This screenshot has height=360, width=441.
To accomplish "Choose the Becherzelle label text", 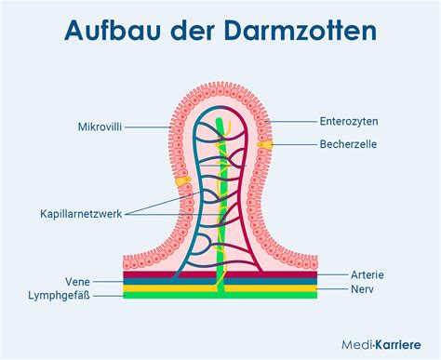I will [x=349, y=144].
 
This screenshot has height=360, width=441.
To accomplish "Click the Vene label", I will [x=78, y=280].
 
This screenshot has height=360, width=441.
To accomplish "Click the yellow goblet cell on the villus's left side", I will [x=182, y=181].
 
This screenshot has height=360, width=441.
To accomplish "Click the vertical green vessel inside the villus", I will [x=220, y=205].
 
